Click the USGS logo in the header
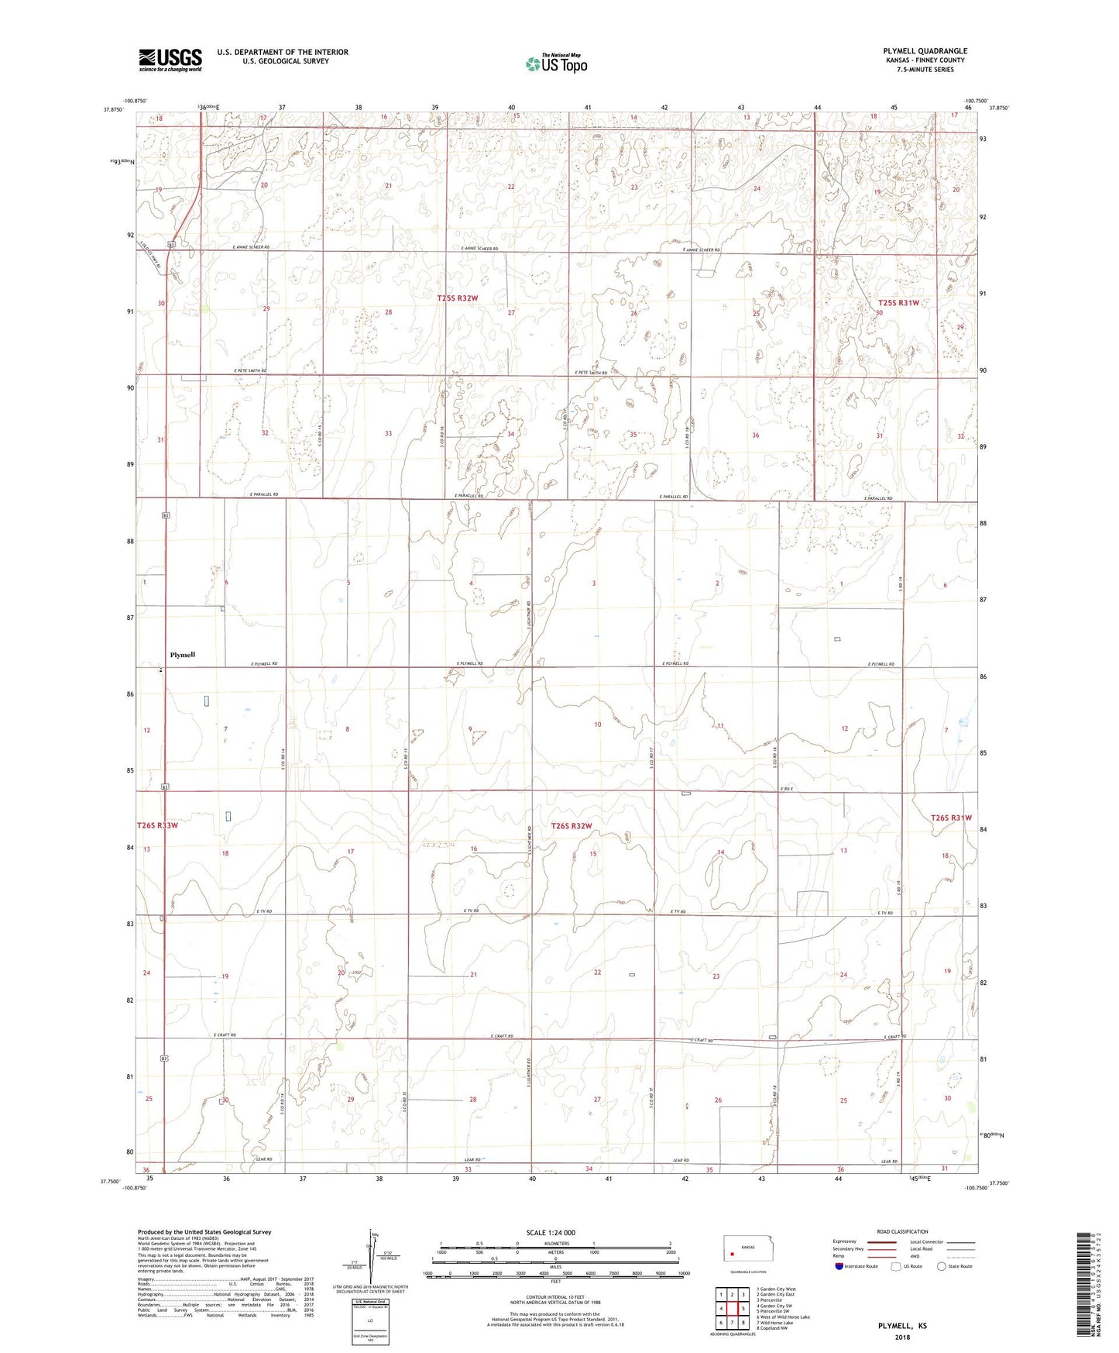coord(170,60)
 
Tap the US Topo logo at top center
coord(556,64)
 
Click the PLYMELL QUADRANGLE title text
coord(925,51)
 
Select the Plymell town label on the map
coord(183,655)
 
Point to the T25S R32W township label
coord(458,298)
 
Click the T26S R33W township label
coord(157,825)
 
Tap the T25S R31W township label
coord(898,303)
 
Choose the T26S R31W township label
coord(951,818)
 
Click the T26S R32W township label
coord(572,826)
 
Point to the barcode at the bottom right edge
coord(1085,1286)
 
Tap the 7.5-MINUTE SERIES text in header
coord(925,70)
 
